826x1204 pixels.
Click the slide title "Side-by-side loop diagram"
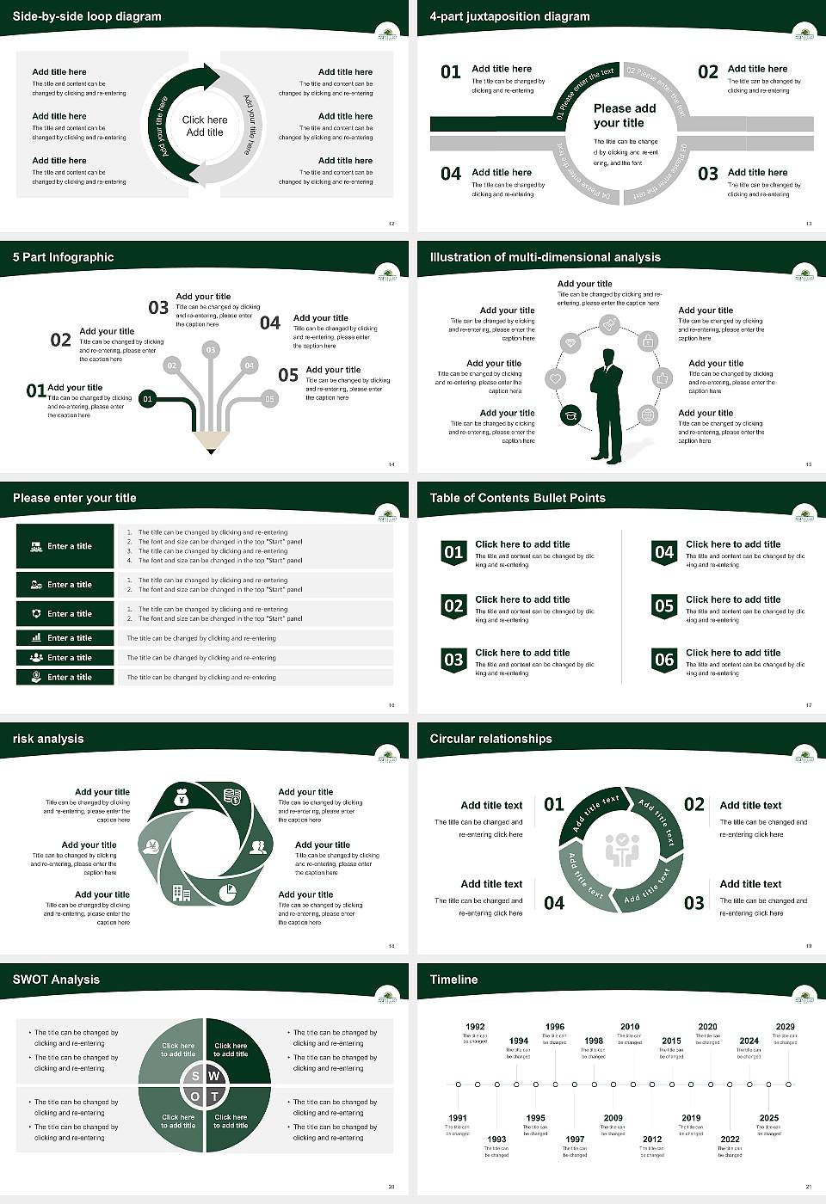tap(87, 16)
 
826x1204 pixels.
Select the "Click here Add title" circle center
tap(205, 126)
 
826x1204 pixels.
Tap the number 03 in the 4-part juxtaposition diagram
tap(708, 175)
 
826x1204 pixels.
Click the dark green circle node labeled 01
tap(148, 399)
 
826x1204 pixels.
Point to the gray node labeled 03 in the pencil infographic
tap(210, 350)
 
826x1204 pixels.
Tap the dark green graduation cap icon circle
tap(570, 416)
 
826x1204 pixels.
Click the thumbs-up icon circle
tap(662, 378)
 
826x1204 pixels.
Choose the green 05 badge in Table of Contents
tap(664, 605)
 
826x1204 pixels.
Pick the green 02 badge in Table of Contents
tap(453, 605)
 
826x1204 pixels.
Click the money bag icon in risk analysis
tap(181, 799)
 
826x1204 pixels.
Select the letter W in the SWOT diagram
tap(214, 1076)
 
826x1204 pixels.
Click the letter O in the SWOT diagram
tap(195, 1096)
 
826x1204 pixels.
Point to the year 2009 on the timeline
tap(613, 1118)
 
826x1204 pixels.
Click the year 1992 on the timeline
tap(475, 1026)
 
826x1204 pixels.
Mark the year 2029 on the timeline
tap(785, 1026)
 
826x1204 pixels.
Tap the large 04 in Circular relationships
tap(554, 903)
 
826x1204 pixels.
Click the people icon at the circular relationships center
tap(621, 850)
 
